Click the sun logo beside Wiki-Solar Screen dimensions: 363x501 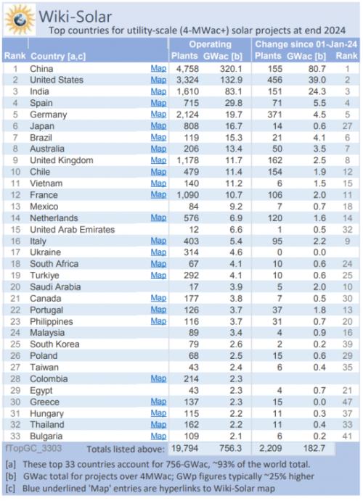click(x=20, y=20)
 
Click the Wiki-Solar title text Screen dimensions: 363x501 click(x=76, y=16)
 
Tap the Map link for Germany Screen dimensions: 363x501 click(x=158, y=115)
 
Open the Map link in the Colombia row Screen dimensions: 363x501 click(x=158, y=378)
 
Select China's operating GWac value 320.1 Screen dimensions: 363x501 click(x=231, y=69)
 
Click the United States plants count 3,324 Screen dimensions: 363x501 click(x=187, y=80)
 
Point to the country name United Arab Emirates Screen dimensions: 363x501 click(x=73, y=229)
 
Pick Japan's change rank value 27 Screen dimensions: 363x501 click(x=347, y=126)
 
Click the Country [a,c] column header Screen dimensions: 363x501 click(x=58, y=57)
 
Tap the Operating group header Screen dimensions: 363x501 click(x=210, y=44)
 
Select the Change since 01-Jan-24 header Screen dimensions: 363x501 click(x=306, y=44)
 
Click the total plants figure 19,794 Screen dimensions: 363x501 click(x=184, y=448)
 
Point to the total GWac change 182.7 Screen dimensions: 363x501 click(x=314, y=448)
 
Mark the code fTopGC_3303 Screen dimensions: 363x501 click(x=33, y=448)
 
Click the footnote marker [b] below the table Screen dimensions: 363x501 click(x=11, y=476)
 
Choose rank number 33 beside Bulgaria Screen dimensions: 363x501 click(x=15, y=436)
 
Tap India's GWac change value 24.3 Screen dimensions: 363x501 click(x=317, y=91)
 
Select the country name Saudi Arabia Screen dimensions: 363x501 click(x=55, y=287)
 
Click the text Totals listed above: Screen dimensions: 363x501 click(x=126, y=449)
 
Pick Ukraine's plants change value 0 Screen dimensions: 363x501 click(x=280, y=252)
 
